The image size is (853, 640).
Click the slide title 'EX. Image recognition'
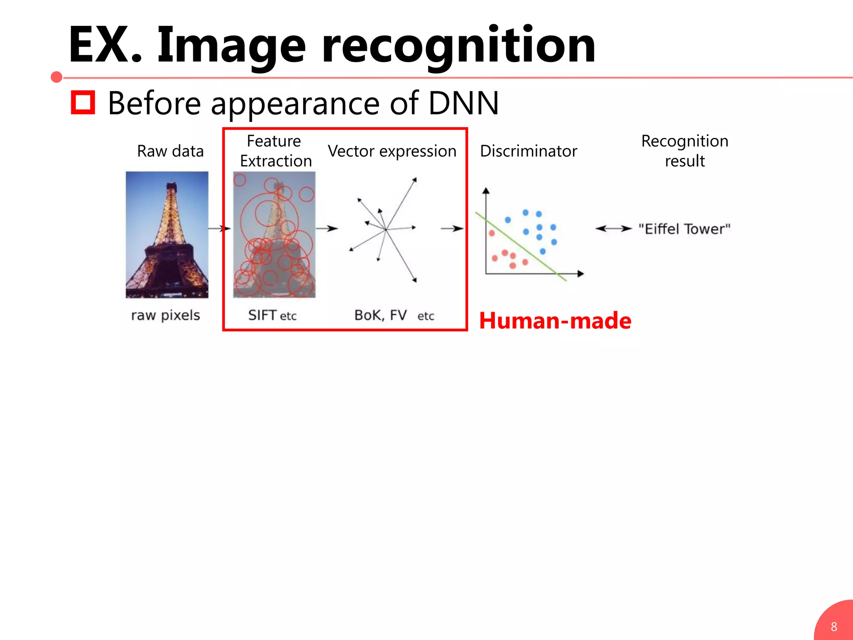click(332, 45)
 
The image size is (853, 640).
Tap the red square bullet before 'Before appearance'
click(83, 102)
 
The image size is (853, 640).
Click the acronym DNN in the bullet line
click(463, 103)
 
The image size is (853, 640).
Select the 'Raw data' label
click(170, 151)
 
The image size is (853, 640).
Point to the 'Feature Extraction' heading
click(275, 151)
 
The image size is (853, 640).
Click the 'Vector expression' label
click(392, 151)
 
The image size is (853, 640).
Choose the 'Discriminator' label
click(528, 151)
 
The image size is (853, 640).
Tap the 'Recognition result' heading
click(684, 151)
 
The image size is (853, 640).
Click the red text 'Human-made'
click(555, 321)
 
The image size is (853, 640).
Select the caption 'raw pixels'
click(165, 315)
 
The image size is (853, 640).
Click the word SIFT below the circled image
click(262, 315)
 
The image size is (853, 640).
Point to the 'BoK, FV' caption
click(380, 315)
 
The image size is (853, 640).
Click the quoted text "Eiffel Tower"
click(684, 229)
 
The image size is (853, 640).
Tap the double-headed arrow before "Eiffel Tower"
click(613, 228)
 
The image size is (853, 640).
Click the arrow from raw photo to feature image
click(219, 228)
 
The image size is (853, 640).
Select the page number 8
click(834, 626)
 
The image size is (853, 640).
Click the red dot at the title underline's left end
click(57, 77)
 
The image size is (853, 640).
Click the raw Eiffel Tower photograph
click(167, 235)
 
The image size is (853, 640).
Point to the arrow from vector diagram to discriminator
click(452, 228)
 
